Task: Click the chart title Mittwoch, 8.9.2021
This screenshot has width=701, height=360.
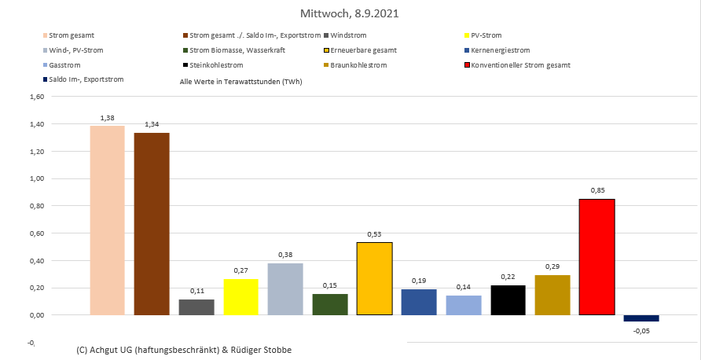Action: (350, 14)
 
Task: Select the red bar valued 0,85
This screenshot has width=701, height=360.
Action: (596, 257)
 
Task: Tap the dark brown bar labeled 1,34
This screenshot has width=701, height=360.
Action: (152, 224)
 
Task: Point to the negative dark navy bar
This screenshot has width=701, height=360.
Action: (641, 318)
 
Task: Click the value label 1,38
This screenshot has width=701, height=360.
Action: (108, 118)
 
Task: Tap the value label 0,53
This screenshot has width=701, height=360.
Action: (375, 234)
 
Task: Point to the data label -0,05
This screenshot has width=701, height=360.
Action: (641, 331)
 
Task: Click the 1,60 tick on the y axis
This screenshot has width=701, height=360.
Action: (36, 97)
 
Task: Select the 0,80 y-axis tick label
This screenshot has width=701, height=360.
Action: (36, 206)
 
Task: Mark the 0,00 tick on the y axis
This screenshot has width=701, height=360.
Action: (36, 315)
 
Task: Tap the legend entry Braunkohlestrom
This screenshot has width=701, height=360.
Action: (358, 64)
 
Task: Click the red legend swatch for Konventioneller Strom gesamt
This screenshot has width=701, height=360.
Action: (469, 64)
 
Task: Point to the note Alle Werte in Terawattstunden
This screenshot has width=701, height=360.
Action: (240, 81)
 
